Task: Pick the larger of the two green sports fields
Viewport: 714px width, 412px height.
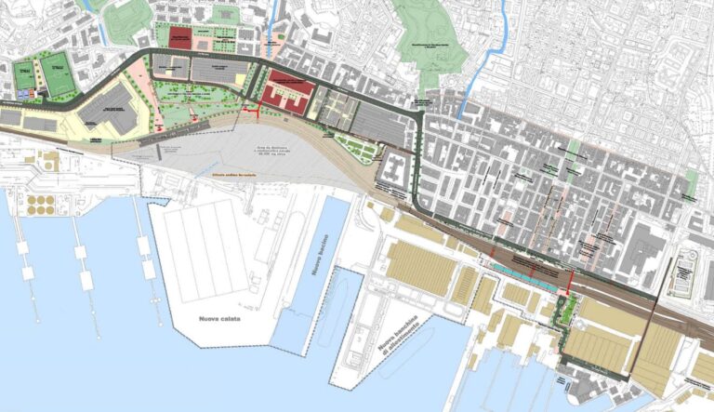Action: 57,73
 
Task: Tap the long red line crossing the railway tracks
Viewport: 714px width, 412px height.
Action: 568,280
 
